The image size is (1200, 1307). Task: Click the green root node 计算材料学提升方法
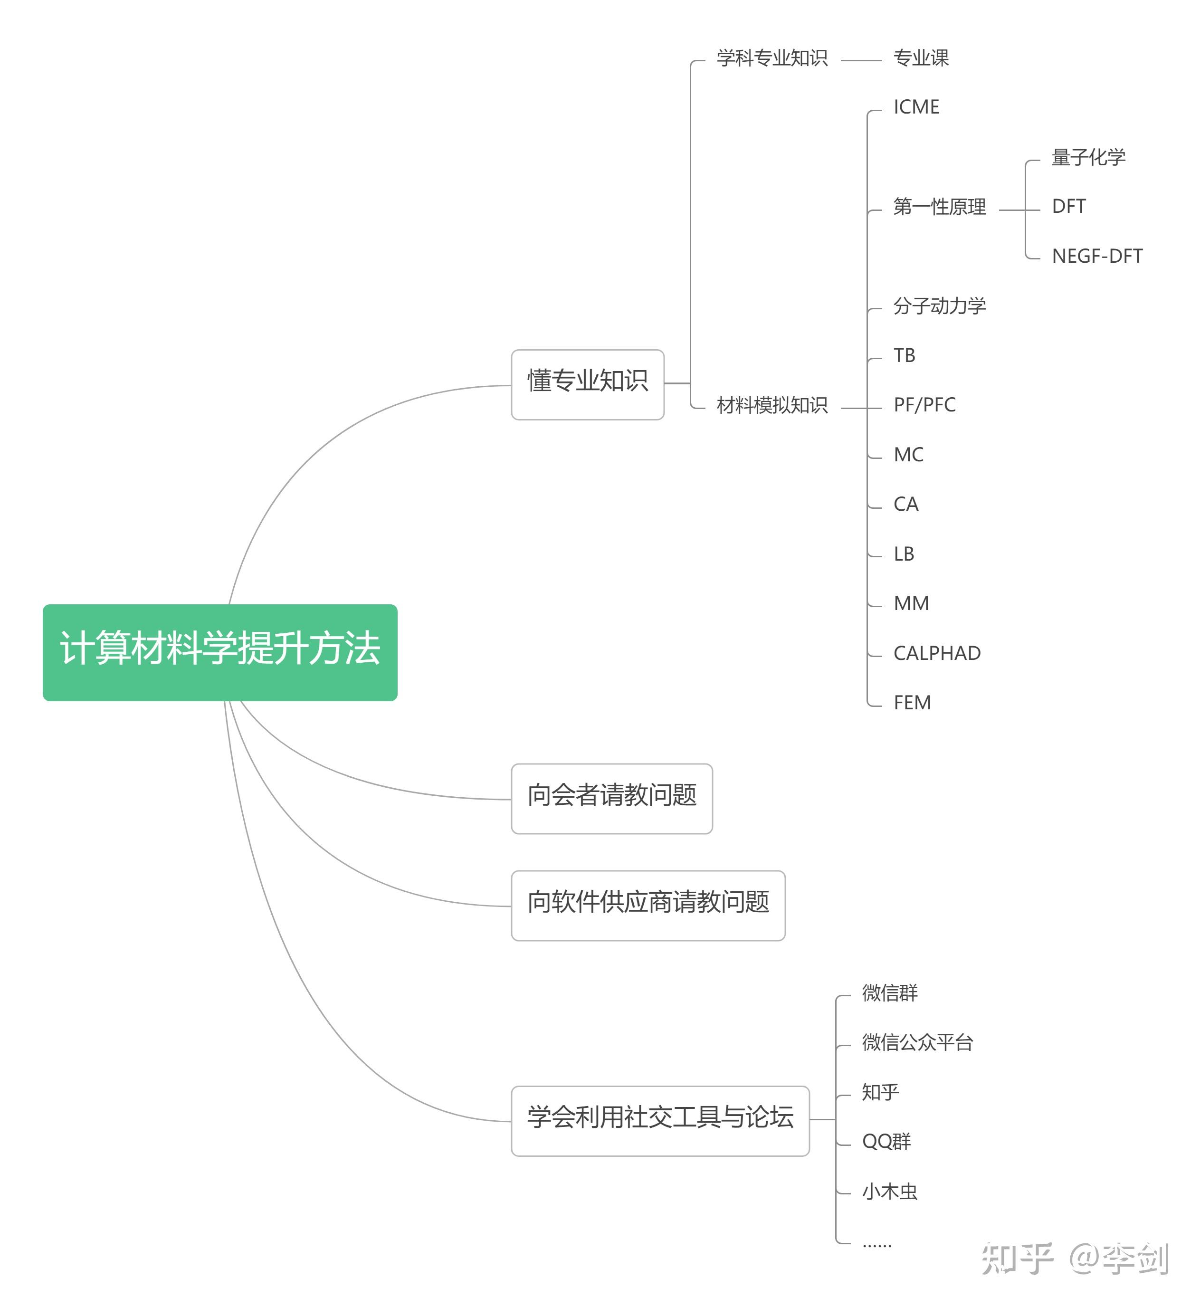click(219, 652)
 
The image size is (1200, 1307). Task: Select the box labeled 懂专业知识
click(587, 384)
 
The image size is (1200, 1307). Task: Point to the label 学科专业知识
click(771, 58)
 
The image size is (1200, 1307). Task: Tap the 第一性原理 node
click(939, 207)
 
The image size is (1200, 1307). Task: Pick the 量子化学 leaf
click(1088, 157)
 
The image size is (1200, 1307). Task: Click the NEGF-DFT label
click(1097, 257)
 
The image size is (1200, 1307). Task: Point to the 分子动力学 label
click(939, 306)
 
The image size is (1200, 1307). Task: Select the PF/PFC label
click(924, 405)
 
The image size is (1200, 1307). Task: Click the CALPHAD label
click(936, 653)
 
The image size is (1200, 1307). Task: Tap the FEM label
click(912, 703)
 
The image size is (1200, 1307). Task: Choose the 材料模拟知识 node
click(771, 405)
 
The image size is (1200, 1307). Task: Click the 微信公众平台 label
click(917, 1042)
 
